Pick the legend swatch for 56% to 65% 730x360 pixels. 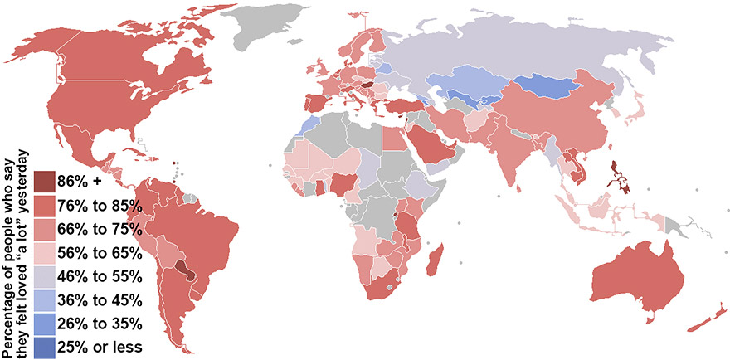point(46,251)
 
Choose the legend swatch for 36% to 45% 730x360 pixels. point(46,299)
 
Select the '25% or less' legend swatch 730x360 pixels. point(46,346)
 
